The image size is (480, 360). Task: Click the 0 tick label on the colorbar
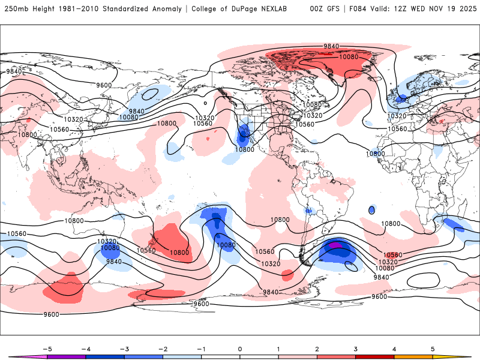240,349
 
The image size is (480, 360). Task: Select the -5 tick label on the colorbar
46,349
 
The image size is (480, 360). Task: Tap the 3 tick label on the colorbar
355,349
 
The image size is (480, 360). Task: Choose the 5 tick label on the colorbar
433,349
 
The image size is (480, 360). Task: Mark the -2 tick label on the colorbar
162,349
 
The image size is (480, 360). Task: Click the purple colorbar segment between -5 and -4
67,356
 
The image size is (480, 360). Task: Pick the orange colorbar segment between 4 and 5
413,356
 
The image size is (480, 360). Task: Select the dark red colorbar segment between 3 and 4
374,356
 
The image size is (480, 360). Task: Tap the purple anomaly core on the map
336,245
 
